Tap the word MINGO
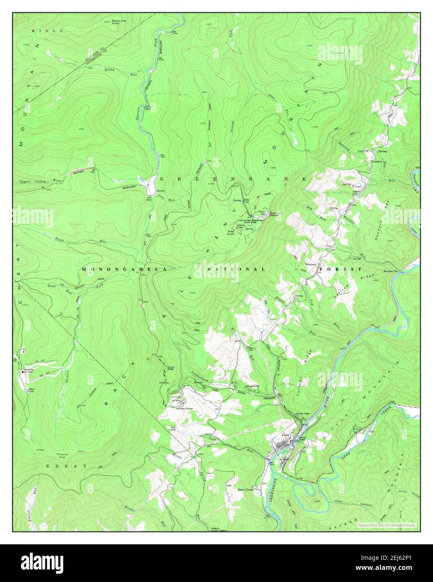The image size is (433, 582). tap(47, 31)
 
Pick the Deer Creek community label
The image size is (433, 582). tap(246, 489)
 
